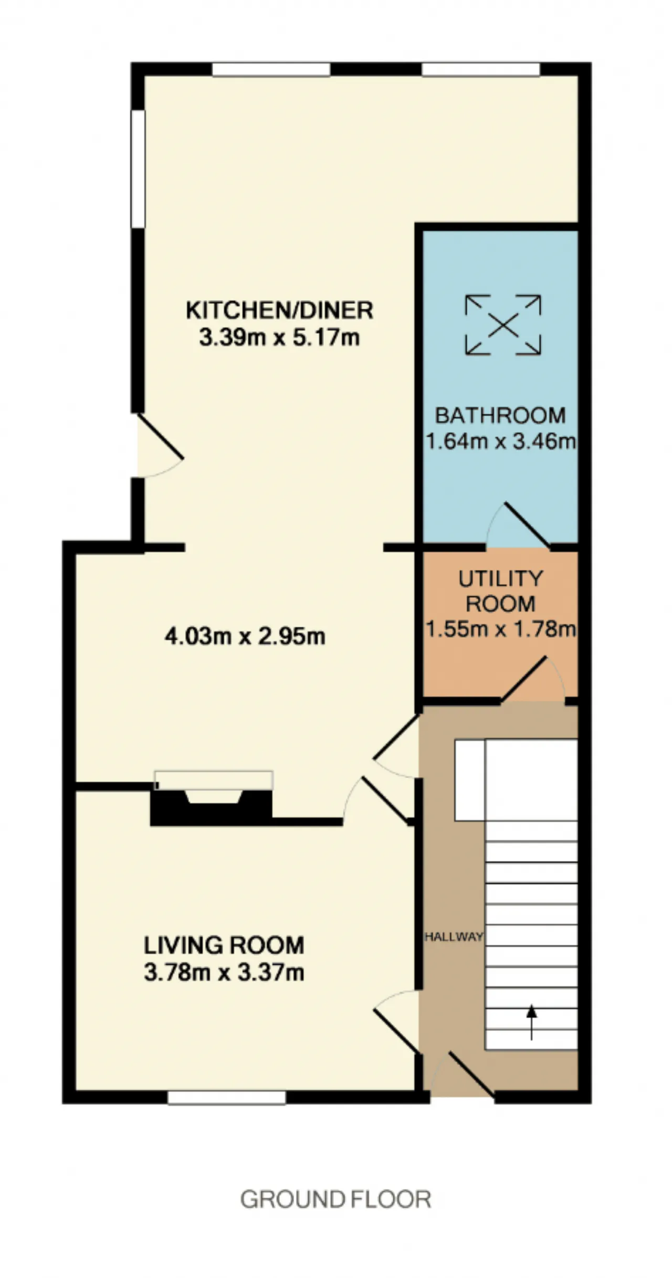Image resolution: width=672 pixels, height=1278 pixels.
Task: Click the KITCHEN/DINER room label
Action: coord(279,310)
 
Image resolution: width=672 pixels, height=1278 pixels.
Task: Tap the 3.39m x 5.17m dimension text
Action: coord(279,337)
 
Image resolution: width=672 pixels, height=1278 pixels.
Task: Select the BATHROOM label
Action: coord(500,416)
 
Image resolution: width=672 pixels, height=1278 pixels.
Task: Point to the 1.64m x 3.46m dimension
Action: coord(500,441)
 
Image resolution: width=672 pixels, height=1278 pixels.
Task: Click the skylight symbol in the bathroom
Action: coord(503,325)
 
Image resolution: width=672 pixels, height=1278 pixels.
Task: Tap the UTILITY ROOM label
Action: coord(500,591)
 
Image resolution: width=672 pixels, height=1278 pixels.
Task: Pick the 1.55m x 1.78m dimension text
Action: coord(500,628)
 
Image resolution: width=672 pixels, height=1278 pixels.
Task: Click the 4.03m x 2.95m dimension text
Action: coord(245,636)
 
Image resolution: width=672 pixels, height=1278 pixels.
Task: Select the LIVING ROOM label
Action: coord(224,945)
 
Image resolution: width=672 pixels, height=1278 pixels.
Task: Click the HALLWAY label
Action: coord(454,937)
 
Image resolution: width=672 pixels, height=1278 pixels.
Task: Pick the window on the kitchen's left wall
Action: coord(138,168)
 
